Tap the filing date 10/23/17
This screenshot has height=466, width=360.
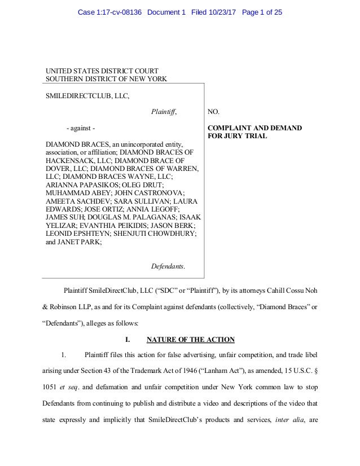pyautogui.click(x=222, y=12)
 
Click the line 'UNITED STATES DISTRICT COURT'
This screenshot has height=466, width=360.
pyautogui.click(x=102, y=71)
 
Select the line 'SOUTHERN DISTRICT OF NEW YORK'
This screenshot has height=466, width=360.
pyautogui.click(x=106, y=80)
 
